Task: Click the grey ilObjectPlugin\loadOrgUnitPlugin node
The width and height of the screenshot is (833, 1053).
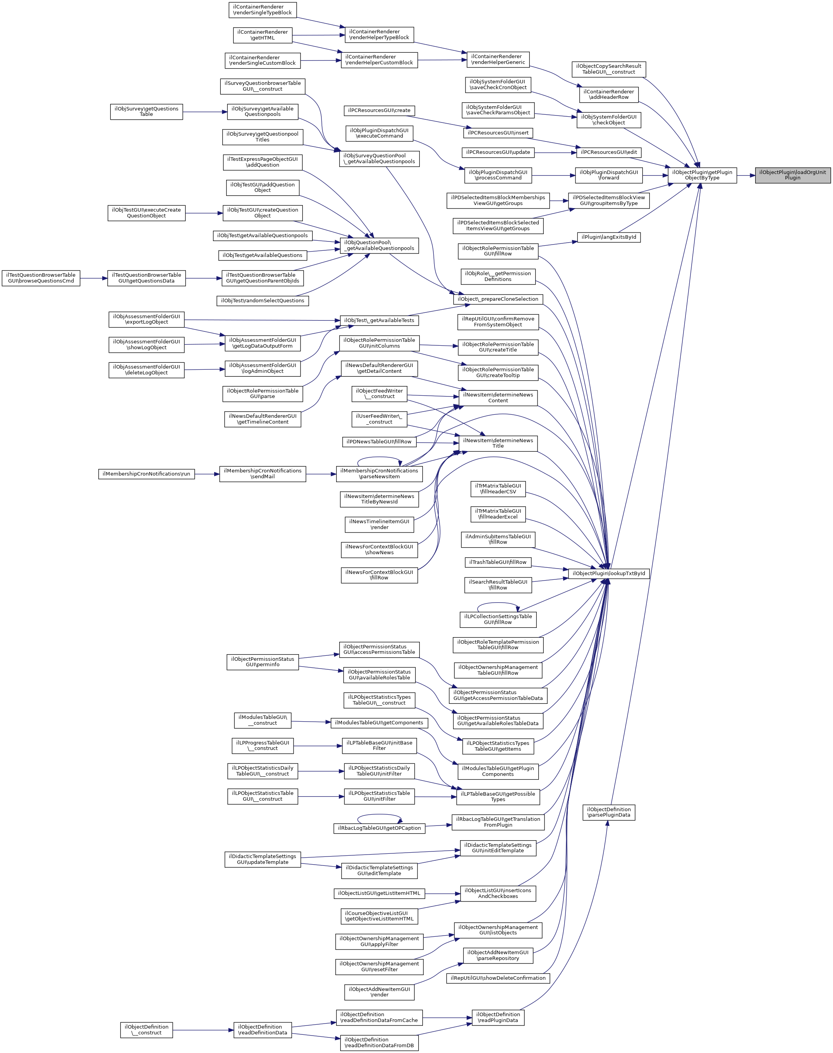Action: click(x=792, y=175)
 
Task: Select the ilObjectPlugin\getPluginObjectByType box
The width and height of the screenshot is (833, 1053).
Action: click(x=702, y=175)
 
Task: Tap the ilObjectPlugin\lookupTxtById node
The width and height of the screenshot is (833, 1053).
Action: click(x=608, y=573)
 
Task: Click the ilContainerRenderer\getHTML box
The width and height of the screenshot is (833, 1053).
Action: click(x=263, y=35)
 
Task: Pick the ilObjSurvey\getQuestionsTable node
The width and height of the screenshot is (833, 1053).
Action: click(x=146, y=112)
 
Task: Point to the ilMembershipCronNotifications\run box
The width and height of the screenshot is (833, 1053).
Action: click(x=146, y=474)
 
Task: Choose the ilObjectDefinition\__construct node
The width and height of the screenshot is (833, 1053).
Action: click(x=146, y=1030)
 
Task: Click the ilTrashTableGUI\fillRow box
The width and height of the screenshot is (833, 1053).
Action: click(x=498, y=562)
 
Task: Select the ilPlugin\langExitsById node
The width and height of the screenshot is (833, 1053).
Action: click(x=608, y=237)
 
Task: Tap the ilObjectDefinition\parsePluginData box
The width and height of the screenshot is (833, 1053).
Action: click(x=608, y=812)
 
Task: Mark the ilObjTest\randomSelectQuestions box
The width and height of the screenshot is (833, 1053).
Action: click(x=263, y=301)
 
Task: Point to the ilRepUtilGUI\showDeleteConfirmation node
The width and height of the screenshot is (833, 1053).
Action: click(x=498, y=978)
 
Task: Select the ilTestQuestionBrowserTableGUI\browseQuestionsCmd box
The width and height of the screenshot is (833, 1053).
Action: click(x=41, y=278)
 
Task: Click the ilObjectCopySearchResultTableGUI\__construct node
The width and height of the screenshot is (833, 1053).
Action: click(x=608, y=69)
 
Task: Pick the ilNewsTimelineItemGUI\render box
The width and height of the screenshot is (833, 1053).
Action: click(x=379, y=524)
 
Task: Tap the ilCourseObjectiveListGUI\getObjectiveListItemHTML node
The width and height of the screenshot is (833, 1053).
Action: click(x=379, y=916)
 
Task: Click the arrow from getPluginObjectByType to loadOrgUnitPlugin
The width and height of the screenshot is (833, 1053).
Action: click(x=746, y=175)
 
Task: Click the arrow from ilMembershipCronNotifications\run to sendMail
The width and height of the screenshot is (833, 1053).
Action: click(x=207, y=474)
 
